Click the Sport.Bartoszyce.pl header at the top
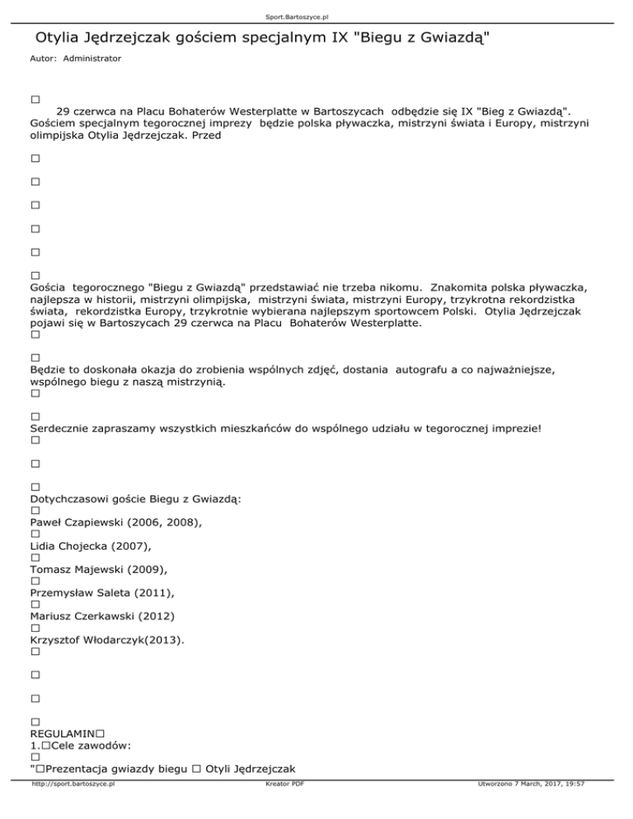pos(316,15)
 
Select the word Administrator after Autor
pos(91,59)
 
